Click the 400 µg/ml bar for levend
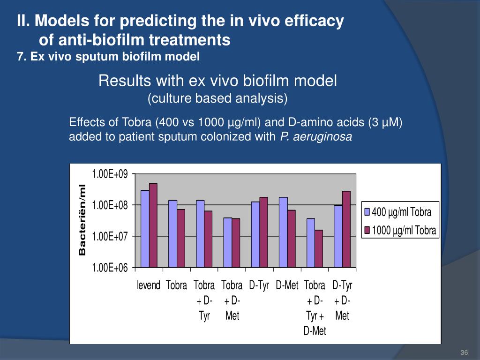[145, 228]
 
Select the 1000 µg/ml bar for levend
[153, 225]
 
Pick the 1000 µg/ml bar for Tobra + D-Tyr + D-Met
[319, 248]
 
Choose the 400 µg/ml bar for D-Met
[283, 232]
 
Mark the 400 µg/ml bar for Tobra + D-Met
[228, 242]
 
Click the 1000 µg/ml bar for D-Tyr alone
[263, 232]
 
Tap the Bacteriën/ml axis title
[82, 220]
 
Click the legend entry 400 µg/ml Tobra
[401, 212]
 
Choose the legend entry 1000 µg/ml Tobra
[404, 231]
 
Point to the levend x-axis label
[149, 285]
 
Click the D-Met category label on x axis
[287, 285]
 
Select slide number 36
[465, 352]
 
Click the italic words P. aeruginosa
[315, 137]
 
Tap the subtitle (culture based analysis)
[217, 98]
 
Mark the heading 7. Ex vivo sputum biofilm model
[108, 57]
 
